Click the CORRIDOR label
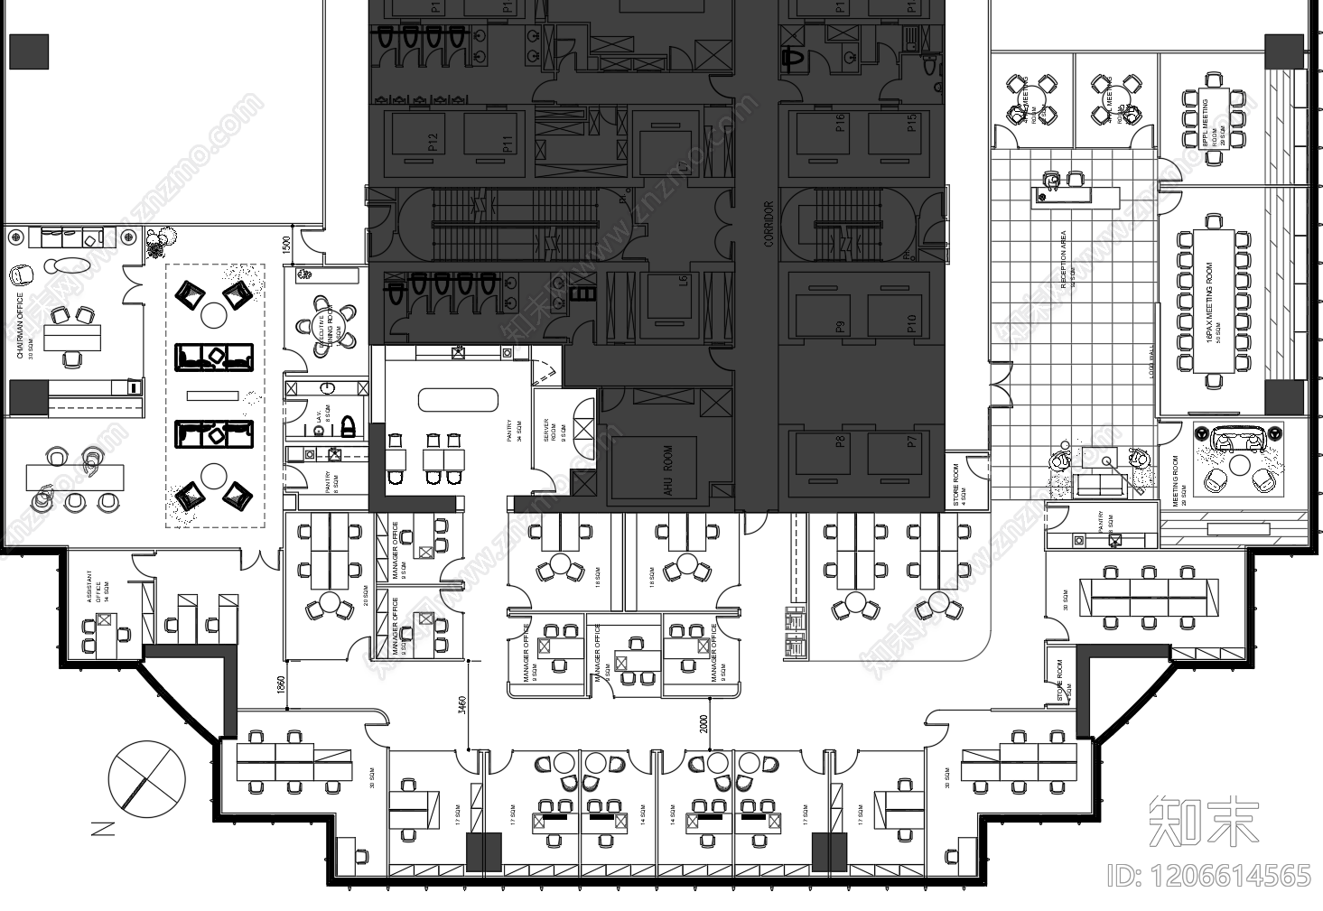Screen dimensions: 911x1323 point(769,224)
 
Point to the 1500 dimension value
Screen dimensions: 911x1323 point(286,246)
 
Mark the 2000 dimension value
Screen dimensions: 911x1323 point(703,725)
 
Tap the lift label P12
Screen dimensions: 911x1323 point(433,143)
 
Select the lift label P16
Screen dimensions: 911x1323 point(840,123)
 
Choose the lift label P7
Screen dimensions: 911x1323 point(912,442)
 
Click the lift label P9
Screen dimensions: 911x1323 point(840,327)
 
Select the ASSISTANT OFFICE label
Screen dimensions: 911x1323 point(89,585)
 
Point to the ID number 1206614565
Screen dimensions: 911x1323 point(1209,876)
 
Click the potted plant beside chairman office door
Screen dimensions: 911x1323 point(161,240)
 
